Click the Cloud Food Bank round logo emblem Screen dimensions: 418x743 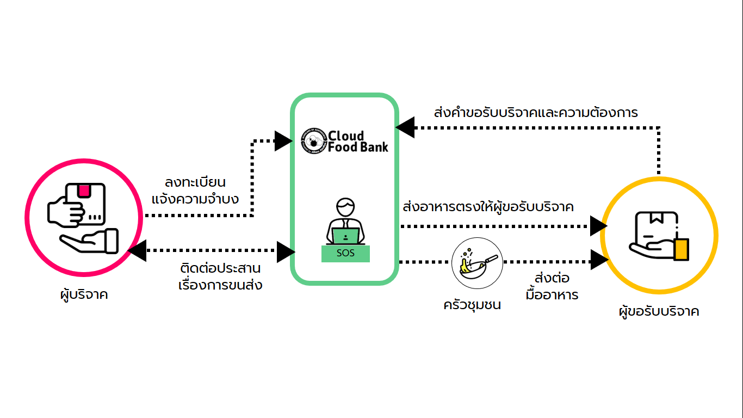314,141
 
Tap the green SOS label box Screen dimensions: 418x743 345,254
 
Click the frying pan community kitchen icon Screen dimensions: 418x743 477,263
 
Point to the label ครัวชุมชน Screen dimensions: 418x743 472,305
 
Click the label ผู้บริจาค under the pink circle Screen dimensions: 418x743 84,295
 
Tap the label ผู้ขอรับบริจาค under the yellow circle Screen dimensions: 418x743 659,312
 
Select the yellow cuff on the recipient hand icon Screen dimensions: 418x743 681,250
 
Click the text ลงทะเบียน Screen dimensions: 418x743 195,182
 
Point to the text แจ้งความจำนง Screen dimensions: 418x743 195,199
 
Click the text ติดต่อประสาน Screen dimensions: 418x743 220,268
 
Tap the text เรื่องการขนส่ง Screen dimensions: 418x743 220,285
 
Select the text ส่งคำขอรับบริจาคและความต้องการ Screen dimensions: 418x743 536,113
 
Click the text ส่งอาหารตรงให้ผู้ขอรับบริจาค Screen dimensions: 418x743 488,207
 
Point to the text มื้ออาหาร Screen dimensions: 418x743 552,295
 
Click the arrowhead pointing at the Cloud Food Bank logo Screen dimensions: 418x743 283,141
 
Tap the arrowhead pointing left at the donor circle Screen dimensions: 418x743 137,251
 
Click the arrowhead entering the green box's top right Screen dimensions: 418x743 405,128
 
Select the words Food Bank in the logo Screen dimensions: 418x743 358,147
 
